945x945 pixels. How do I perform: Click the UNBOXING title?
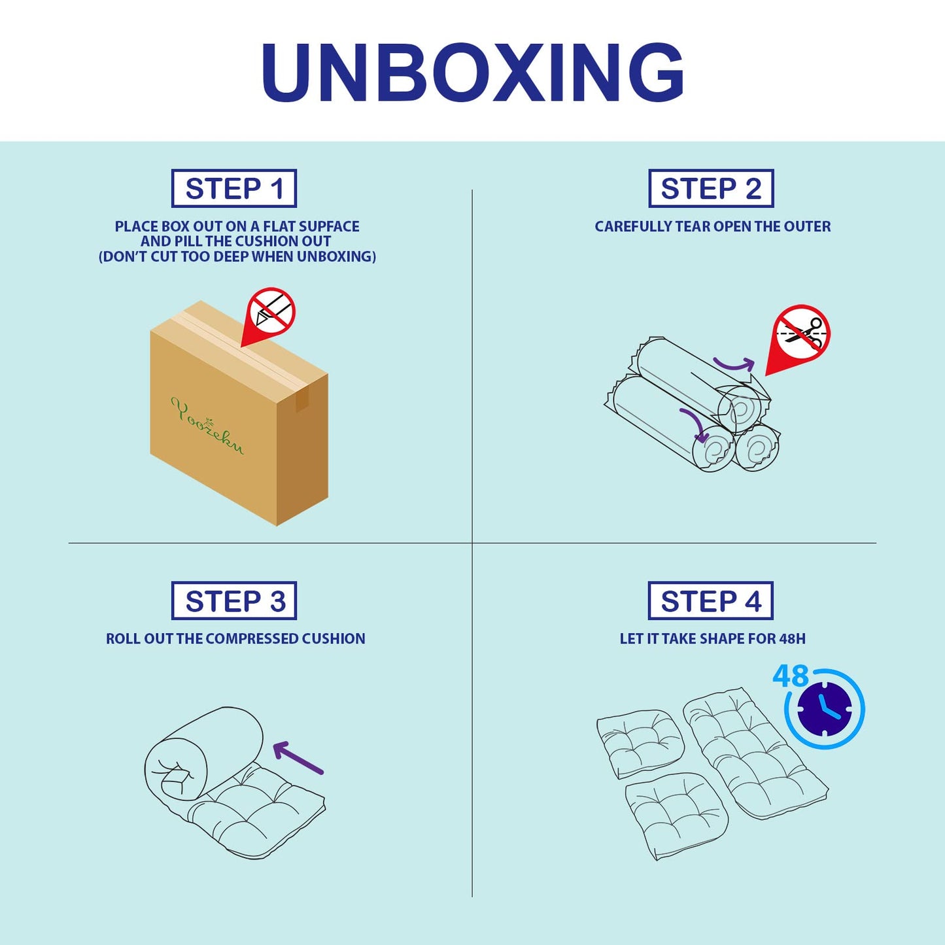click(472, 72)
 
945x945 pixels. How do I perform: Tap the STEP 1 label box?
click(234, 188)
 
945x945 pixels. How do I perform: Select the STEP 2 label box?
click(711, 188)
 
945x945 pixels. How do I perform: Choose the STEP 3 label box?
click(234, 601)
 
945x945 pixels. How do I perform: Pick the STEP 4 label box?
click(711, 601)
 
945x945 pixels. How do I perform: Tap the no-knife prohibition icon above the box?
click(270, 311)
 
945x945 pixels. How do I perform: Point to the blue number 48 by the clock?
click(790, 676)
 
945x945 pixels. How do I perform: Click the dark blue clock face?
click(825, 709)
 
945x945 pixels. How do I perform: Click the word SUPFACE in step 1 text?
click(329, 226)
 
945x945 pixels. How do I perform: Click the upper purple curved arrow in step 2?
click(732, 364)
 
